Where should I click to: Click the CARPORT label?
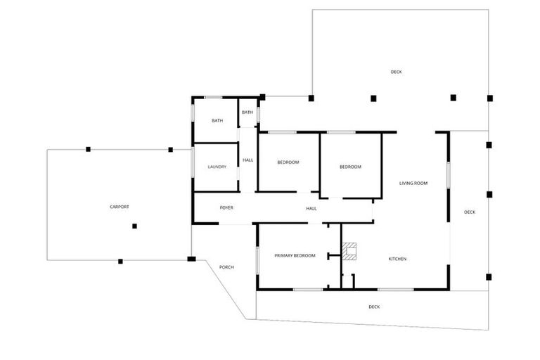[120, 207]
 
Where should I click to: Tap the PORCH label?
[226, 267]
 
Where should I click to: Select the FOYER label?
[226, 208]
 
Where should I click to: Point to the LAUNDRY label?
[217, 167]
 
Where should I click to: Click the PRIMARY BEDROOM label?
[295, 255]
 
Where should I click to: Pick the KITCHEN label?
[397, 259]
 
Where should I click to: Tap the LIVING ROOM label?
[413, 184]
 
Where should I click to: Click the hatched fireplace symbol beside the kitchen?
[351, 250]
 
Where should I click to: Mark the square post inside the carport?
[134, 226]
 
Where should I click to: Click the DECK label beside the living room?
[470, 212]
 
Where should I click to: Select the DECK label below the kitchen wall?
[374, 307]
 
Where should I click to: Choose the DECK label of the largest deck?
[397, 72]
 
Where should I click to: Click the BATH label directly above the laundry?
[217, 121]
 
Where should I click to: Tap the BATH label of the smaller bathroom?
[247, 112]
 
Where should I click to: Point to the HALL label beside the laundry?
[248, 160]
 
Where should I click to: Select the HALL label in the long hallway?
[311, 208]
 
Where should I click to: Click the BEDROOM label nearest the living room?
[350, 167]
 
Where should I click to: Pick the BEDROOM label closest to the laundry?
[288, 162]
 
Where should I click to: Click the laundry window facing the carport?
[193, 167]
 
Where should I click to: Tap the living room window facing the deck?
[448, 173]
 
